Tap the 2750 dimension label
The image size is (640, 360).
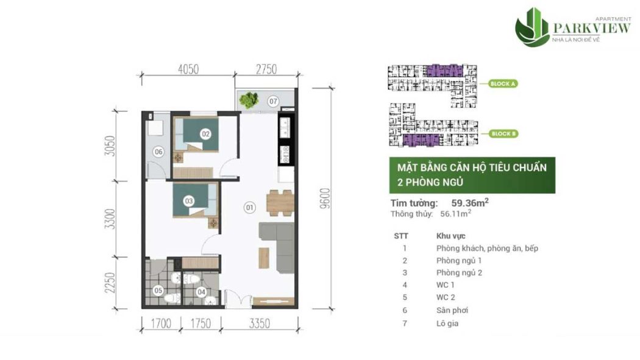click(x=265, y=69)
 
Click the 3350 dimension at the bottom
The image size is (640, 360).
click(x=258, y=323)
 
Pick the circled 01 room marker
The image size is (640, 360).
click(x=249, y=207)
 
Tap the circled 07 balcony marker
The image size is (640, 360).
click(x=273, y=101)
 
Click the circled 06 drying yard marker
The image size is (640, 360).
click(x=158, y=152)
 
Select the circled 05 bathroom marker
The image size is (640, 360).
click(x=158, y=291)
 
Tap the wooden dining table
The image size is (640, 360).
click(x=280, y=202)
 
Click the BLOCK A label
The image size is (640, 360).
click(x=503, y=84)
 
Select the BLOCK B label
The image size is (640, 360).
click(x=503, y=133)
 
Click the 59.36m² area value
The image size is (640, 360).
click(x=470, y=203)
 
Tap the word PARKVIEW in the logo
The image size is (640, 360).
click(x=591, y=27)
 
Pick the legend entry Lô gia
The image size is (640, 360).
click(x=447, y=323)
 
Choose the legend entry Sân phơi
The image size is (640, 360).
click(x=452, y=310)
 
